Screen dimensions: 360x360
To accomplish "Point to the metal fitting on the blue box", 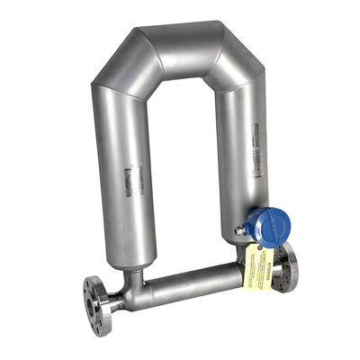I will click(240, 230).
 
